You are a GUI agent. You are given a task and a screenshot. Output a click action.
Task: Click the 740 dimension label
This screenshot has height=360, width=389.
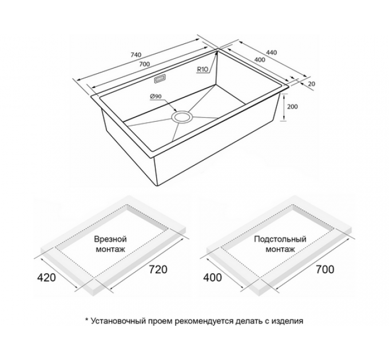[x=136, y=54]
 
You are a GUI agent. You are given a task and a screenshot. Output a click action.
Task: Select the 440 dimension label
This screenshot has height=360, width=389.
[x=271, y=53]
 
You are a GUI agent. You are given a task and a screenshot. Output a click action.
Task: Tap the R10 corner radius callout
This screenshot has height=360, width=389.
[x=203, y=70]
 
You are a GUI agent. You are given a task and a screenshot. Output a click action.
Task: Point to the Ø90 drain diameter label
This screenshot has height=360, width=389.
[x=156, y=96]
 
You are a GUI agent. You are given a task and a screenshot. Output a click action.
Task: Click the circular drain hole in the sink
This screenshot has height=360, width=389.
[x=183, y=117]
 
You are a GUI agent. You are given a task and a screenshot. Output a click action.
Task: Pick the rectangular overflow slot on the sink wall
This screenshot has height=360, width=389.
[x=160, y=79]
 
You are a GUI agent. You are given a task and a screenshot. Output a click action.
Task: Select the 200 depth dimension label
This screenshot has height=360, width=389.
[x=292, y=107]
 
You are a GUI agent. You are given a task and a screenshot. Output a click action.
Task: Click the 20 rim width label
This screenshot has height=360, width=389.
[x=311, y=84]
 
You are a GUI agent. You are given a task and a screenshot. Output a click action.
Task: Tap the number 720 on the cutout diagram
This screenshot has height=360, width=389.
[x=158, y=270]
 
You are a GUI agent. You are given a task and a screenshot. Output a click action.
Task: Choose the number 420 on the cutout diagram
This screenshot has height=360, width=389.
[x=46, y=277]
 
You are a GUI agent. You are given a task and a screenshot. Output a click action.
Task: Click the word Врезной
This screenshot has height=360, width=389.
[x=110, y=239]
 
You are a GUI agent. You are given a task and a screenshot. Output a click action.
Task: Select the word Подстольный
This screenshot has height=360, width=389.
[x=280, y=239]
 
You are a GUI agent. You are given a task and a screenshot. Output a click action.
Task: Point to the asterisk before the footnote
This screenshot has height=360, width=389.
[x=87, y=319]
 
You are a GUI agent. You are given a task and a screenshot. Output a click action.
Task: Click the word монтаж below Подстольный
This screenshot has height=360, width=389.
[x=280, y=249]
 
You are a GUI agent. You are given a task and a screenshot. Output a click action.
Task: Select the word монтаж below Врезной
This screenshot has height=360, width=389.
[x=110, y=249]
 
